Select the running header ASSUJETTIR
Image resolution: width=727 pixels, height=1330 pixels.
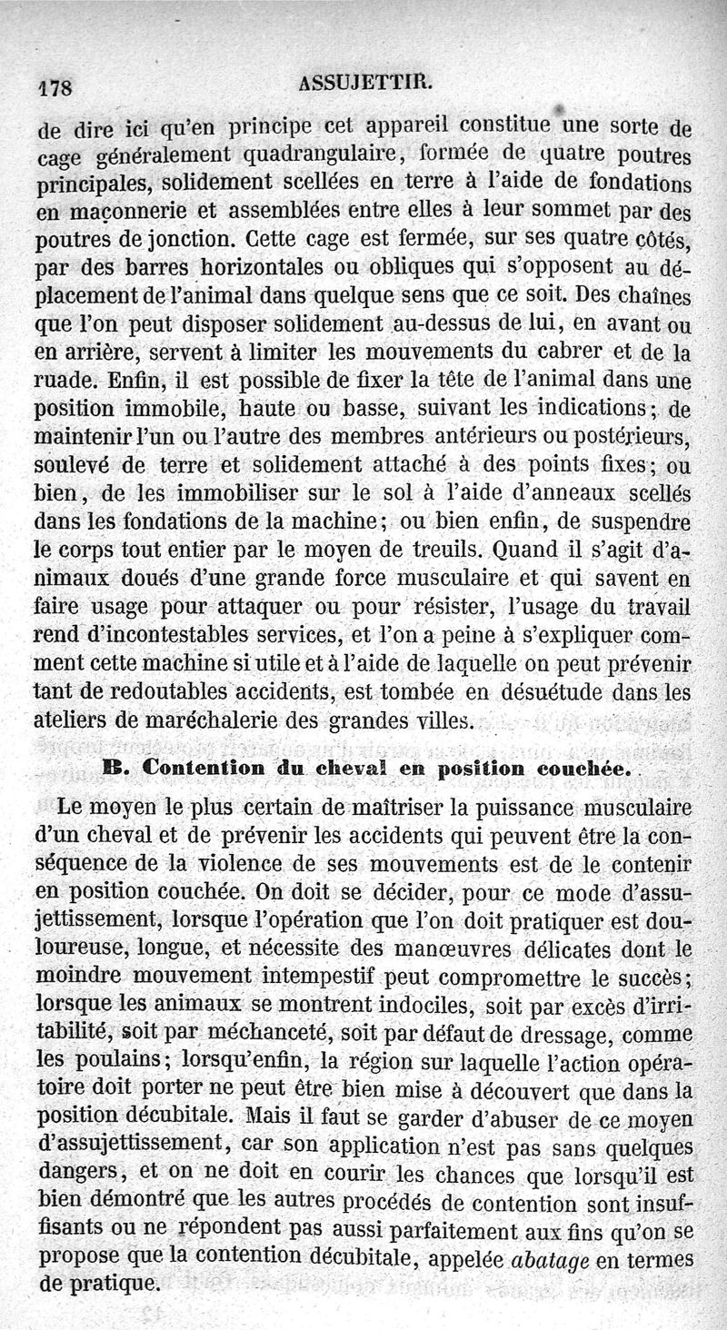[366, 84]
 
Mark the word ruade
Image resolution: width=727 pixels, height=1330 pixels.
[65, 378]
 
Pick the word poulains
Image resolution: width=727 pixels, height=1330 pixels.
[122, 1060]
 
